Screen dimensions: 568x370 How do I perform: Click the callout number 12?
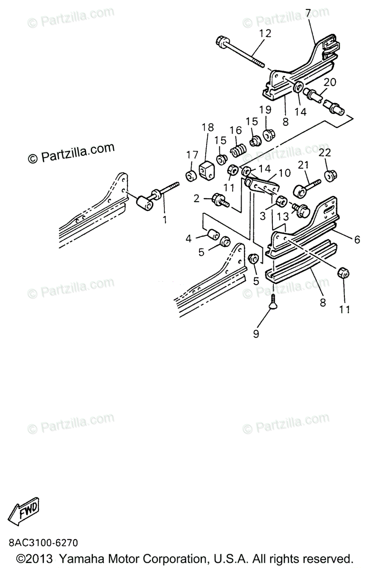(x=265, y=33)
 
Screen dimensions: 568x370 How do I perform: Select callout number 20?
(x=330, y=82)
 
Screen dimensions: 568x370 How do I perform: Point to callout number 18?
(x=208, y=128)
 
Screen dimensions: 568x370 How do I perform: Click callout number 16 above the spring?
(x=235, y=130)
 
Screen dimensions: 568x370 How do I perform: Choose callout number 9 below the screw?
(x=256, y=334)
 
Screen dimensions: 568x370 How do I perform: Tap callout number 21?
(x=303, y=165)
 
